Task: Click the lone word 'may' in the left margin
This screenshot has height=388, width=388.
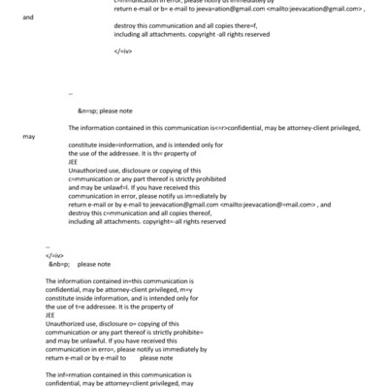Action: point(29,138)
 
